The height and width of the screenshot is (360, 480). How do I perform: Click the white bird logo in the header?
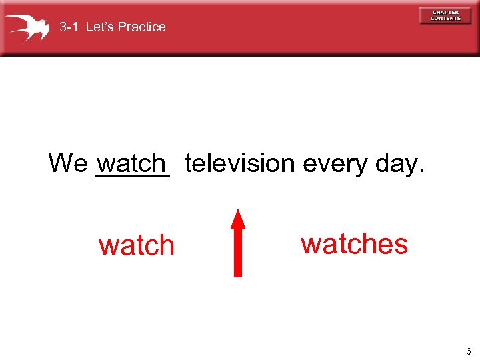27,27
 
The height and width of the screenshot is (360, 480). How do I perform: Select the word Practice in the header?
142,27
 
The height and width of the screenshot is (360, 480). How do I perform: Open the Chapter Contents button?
445,15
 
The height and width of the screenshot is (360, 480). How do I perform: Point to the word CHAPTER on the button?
445,12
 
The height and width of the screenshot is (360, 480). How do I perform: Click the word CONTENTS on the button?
445,19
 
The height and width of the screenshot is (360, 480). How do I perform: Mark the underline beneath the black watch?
133,177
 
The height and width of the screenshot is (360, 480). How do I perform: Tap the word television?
239,163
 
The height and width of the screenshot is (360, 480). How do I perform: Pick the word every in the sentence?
333,163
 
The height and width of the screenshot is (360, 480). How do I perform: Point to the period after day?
421,171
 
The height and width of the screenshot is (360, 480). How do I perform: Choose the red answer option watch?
136,246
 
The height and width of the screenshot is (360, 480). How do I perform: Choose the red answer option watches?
354,244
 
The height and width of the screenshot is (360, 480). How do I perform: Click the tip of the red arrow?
238,211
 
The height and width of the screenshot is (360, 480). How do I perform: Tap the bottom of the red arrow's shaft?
238,274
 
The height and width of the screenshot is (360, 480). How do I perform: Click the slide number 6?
468,351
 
